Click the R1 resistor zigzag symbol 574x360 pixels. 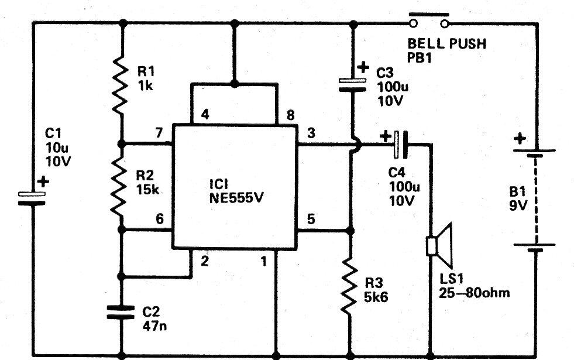(x=120, y=84)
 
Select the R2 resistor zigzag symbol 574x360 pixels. (x=119, y=187)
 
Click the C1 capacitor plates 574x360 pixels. (x=32, y=198)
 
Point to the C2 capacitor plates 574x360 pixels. (x=121, y=311)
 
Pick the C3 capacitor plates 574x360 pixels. (x=352, y=85)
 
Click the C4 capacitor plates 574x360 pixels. (x=400, y=145)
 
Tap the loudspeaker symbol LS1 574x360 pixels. (x=439, y=245)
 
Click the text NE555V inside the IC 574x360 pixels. (x=236, y=198)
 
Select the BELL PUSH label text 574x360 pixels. (x=447, y=43)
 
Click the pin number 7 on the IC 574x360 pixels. (x=159, y=132)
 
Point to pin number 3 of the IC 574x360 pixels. (x=311, y=132)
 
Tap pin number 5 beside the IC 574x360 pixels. (x=311, y=219)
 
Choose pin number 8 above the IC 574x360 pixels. (x=290, y=115)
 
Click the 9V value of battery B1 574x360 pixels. (x=518, y=205)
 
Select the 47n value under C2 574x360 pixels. (x=154, y=325)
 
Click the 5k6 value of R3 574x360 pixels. (x=376, y=297)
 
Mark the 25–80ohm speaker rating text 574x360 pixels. (x=474, y=293)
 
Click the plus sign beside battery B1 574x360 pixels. (x=520, y=139)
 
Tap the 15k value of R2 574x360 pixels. (x=147, y=189)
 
